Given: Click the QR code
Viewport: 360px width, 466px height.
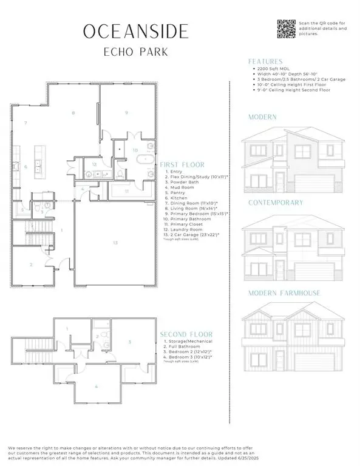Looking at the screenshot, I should click(x=287, y=29).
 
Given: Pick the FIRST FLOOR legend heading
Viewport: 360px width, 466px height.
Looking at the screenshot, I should click(x=182, y=164).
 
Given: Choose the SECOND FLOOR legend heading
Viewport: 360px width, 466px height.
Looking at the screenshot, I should click(x=186, y=334).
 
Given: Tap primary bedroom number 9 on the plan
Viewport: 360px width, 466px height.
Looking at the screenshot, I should click(x=126, y=112).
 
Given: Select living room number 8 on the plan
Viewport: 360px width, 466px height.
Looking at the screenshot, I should click(x=73, y=113).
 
